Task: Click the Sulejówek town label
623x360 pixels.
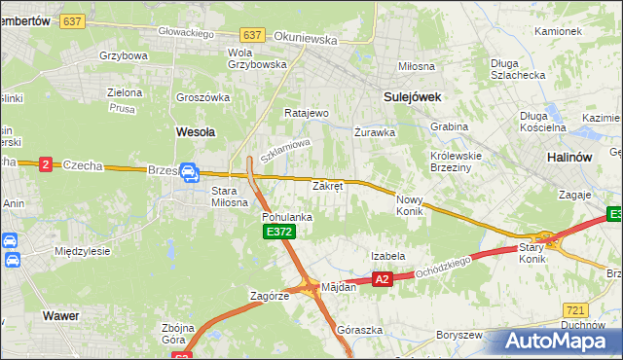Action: [x=413, y=96]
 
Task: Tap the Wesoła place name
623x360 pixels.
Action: [x=195, y=130]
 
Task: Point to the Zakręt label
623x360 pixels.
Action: [x=327, y=185]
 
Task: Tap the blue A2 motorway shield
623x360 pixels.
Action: [x=382, y=279]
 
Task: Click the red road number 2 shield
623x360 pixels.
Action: [x=46, y=165]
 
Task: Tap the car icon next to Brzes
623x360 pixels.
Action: [x=189, y=173]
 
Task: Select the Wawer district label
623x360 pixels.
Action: [x=60, y=315]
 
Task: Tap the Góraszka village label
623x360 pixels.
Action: [x=357, y=330]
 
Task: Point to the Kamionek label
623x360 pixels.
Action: [x=557, y=31]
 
